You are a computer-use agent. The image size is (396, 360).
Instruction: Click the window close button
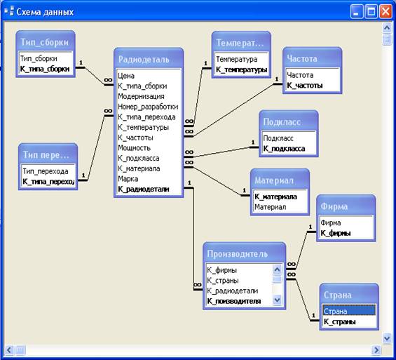coord(385,12)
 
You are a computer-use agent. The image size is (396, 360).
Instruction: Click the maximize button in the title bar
coord(371,12)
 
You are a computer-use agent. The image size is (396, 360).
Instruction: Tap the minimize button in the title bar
coord(357,12)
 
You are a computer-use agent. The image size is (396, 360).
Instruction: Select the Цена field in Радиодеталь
coord(126,76)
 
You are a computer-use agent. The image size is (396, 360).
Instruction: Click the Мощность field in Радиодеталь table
coord(134,148)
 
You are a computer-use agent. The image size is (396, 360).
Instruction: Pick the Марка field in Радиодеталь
coord(128,179)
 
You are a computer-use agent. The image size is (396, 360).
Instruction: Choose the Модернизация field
coord(141,96)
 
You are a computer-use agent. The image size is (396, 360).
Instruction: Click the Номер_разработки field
coord(148,107)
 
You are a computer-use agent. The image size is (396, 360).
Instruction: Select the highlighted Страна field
coord(349,311)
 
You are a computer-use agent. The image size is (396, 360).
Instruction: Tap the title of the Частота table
coord(302,59)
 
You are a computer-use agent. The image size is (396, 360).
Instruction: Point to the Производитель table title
coord(237,254)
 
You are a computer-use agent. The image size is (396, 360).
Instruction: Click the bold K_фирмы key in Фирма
coord(336,233)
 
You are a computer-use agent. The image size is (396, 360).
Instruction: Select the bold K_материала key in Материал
coord(275,196)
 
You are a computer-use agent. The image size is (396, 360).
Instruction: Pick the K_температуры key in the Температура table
coord(241,69)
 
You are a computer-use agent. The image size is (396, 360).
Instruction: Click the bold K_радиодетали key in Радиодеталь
coord(144,189)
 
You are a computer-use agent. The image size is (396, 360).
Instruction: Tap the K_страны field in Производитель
coord(223,281)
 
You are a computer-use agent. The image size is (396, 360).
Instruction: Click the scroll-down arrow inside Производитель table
coord(277,300)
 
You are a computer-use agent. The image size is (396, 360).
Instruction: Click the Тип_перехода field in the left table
coord(46,171)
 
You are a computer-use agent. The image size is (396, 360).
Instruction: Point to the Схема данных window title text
coord(45,12)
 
